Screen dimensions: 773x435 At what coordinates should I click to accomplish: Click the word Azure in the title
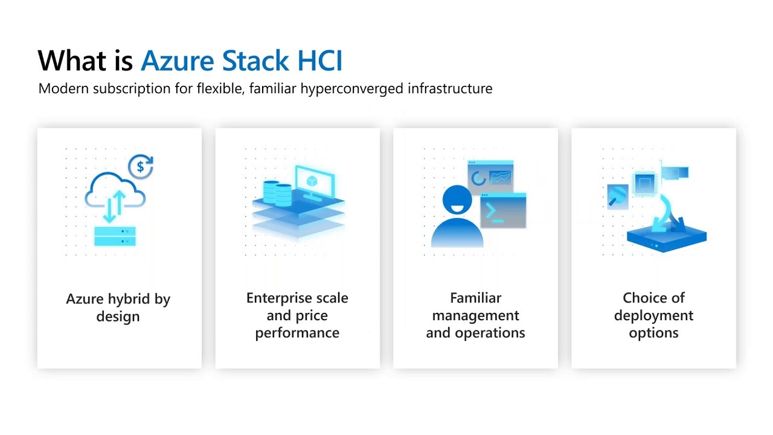tap(178, 61)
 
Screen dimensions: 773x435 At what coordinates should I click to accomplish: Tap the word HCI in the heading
tap(319, 61)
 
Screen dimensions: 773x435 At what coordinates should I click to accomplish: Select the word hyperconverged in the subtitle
tap(351, 89)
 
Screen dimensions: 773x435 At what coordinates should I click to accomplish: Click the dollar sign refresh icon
tap(141, 166)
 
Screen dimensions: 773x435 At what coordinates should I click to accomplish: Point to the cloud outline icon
tap(115, 190)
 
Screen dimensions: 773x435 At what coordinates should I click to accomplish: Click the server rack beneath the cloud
tap(115, 236)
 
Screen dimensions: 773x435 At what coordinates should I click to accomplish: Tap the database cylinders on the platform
tap(277, 193)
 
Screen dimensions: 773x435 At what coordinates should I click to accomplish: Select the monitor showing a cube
tap(315, 183)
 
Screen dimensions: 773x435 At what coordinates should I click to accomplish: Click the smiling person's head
tap(457, 200)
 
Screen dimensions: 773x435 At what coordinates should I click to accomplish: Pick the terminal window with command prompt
tap(504, 211)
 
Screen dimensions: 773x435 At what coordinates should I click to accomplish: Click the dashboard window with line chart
tap(490, 176)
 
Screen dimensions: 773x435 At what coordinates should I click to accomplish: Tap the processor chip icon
tap(644, 183)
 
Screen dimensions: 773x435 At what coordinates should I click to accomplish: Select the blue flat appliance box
tap(666, 237)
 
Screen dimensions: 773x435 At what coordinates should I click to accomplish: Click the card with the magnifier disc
tap(618, 197)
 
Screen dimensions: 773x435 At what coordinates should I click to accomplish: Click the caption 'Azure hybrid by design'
tap(118, 308)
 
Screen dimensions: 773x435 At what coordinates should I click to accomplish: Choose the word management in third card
tap(475, 315)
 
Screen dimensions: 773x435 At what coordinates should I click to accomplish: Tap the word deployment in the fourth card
tap(653, 316)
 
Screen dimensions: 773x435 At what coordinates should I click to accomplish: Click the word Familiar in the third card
tap(475, 298)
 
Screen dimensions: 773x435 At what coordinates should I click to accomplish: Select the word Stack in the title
tap(255, 61)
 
